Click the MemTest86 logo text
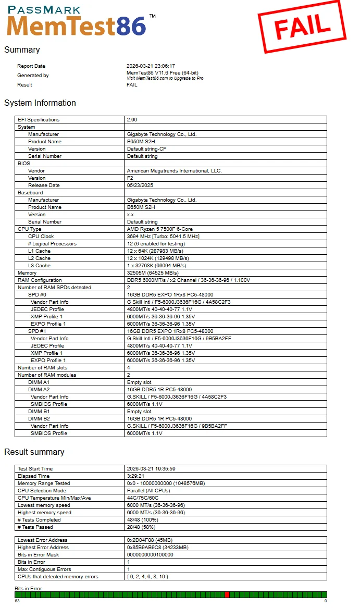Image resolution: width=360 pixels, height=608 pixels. point(77,26)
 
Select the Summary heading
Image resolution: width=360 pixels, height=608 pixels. point(22,50)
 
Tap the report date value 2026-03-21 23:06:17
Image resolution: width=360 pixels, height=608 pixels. point(151,66)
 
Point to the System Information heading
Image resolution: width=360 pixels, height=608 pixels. point(40,103)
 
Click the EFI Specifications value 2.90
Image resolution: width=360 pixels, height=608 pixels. point(132,120)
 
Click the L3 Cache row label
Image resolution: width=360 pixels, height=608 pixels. point(40,266)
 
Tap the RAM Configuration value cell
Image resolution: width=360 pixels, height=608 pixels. point(188,280)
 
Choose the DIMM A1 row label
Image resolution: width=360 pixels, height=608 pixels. point(39,382)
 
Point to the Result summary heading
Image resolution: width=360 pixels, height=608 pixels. point(34,452)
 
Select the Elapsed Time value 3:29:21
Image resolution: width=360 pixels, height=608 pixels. point(135,476)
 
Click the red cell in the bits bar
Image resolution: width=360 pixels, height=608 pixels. point(227,594)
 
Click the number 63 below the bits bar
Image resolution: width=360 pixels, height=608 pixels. point(17,601)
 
